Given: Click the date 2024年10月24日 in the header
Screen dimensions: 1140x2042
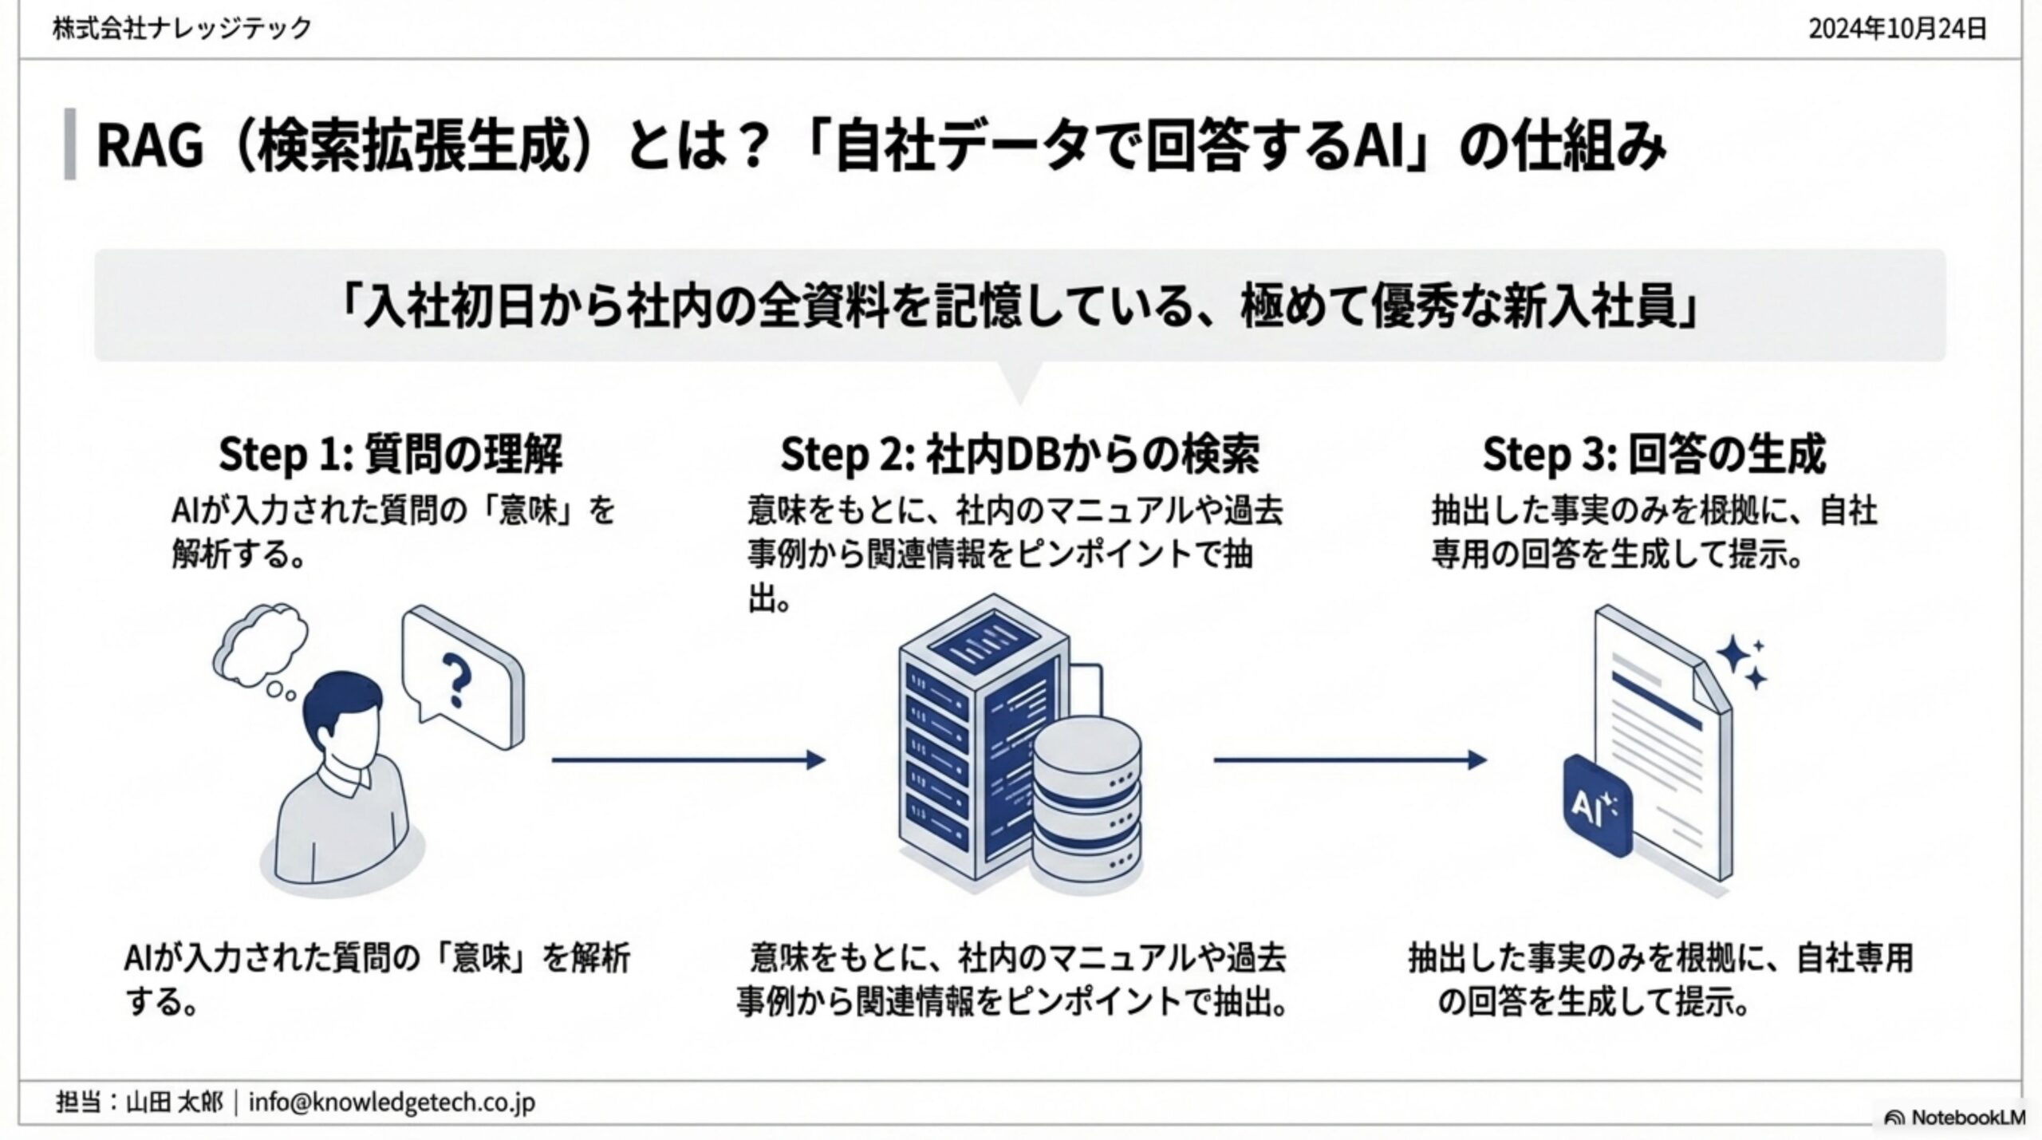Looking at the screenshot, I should point(1897,30).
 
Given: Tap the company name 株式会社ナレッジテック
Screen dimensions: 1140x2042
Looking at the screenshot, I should point(182,29).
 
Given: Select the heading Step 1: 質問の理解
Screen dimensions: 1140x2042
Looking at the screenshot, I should point(390,455).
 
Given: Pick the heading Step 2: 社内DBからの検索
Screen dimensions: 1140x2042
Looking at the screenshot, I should point(1019,455).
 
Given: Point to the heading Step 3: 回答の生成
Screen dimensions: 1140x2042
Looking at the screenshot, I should point(1654,455).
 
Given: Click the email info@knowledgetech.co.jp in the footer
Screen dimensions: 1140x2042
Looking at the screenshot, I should point(392,1103).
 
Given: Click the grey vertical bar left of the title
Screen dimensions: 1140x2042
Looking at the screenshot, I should point(70,144).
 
